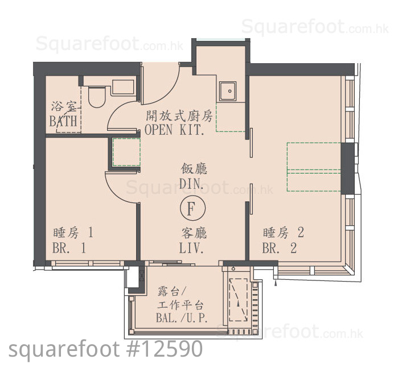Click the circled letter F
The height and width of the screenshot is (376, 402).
[192, 208]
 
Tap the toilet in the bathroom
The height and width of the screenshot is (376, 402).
[96, 97]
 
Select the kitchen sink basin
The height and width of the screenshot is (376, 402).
[227, 91]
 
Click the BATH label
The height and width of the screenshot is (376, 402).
[63, 121]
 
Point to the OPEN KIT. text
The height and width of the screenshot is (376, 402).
[174, 130]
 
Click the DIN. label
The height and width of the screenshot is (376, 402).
[191, 184]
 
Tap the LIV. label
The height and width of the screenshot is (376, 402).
[191, 248]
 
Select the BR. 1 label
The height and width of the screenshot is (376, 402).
[69, 248]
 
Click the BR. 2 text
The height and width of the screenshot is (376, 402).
[280, 248]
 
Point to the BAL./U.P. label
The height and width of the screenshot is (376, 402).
[182, 318]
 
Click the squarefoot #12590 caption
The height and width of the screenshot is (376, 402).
[106, 349]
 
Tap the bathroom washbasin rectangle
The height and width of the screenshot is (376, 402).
[123, 88]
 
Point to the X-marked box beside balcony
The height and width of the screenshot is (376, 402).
[142, 275]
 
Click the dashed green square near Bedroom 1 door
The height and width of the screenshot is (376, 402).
[126, 152]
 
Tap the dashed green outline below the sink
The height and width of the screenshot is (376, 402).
[231, 117]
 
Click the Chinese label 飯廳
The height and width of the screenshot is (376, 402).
[194, 169]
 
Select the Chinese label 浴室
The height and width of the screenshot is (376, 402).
[64, 106]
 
